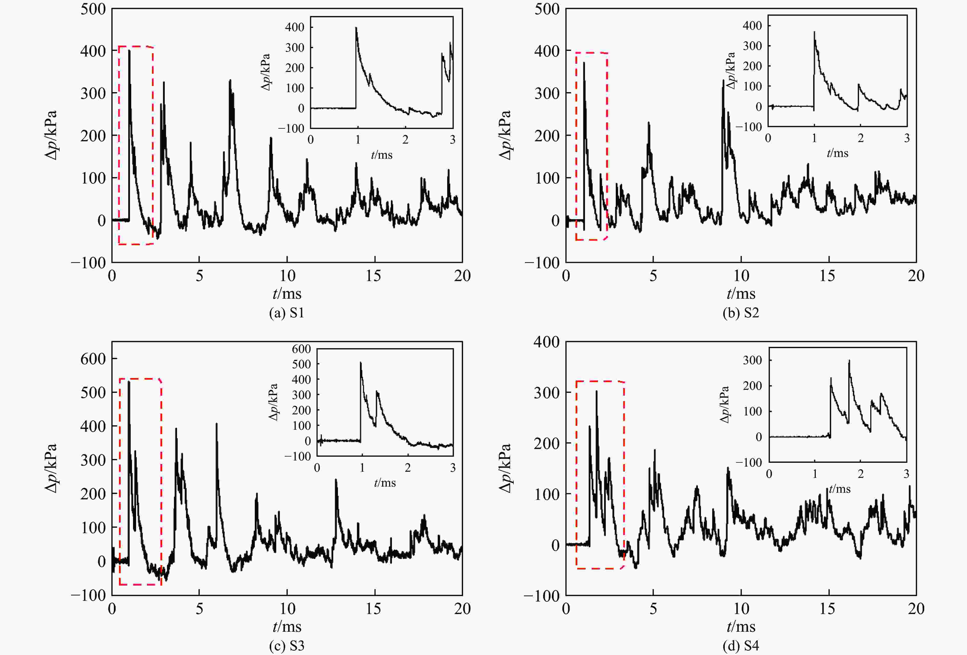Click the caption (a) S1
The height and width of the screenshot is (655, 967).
(287, 313)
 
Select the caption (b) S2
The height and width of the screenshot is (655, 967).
(741, 313)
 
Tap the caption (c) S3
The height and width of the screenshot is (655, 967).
(287, 646)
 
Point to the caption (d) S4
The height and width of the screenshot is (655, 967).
(741, 646)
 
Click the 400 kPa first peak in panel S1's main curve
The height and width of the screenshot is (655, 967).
(129, 51)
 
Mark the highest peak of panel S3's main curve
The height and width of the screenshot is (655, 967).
(129, 381)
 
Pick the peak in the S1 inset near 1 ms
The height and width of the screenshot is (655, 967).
(356, 28)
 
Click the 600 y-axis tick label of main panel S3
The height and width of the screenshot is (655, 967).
(93, 359)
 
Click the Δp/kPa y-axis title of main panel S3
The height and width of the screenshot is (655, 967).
(51, 468)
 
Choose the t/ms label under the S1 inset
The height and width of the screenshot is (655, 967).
(382, 155)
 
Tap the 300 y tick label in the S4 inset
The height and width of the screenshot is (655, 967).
(752, 360)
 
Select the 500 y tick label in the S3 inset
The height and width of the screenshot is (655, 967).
(301, 364)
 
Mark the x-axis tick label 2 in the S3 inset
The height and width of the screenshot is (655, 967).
(408, 468)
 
